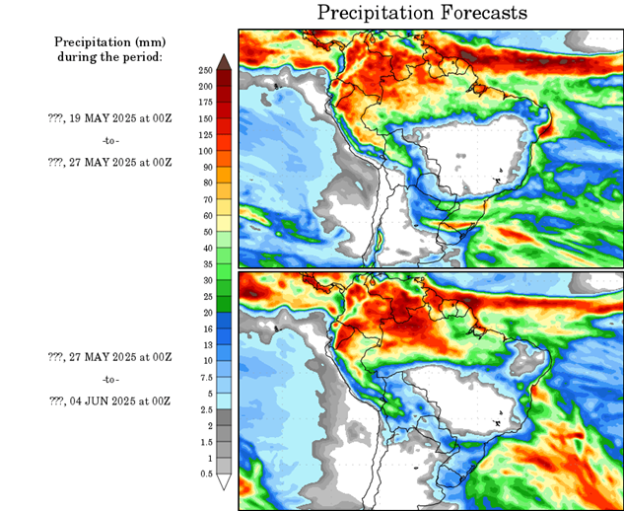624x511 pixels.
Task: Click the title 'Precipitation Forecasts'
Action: click(422, 13)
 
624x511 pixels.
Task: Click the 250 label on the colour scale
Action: click(205, 70)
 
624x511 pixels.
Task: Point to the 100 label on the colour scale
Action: click(205, 151)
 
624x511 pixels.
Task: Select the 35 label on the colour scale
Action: click(205, 263)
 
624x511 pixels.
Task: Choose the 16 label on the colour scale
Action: click(205, 328)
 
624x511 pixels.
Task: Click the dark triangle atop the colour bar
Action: click(224, 61)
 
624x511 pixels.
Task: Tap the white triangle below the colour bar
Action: click(224, 482)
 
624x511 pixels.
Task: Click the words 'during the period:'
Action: click(109, 56)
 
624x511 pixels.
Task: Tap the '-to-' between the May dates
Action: click(109, 139)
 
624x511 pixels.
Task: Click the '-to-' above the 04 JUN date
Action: click(109, 379)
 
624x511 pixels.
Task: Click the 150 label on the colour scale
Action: click(205, 118)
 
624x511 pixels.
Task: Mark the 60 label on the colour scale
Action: click(205, 215)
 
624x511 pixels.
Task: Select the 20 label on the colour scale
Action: click(205, 312)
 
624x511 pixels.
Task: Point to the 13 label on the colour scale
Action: click(205, 344)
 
